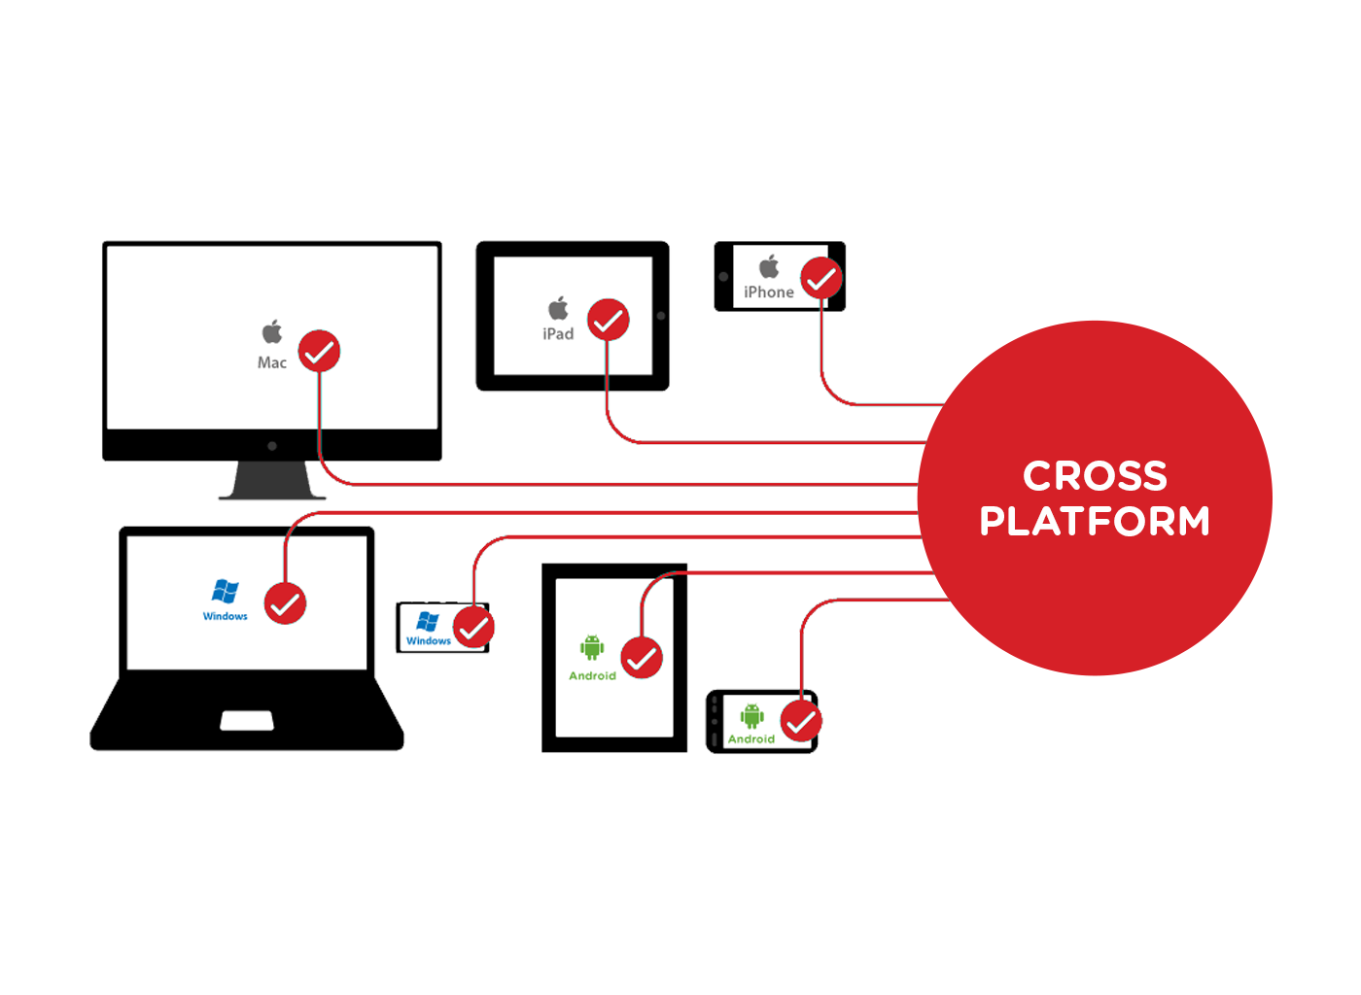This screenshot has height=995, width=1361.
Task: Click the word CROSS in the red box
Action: (x=1095, y=476)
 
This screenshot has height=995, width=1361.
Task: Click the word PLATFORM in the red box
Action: (x=1095, y=522)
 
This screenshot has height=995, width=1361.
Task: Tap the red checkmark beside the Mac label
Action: (x=319, y=352)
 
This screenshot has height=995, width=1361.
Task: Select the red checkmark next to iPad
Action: (x=609, y=320)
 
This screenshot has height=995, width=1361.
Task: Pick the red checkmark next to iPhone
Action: (x=821, y=278)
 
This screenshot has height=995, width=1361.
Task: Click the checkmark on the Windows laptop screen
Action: (x=286, y=604)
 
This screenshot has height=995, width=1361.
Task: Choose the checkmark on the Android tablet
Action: (x=642, y=658)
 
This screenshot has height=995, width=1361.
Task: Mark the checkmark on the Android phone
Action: (x=801, y=722)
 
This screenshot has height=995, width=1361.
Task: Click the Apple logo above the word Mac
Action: (x=272, y=332)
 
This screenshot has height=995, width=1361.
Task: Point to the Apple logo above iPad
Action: (x=558, y=309)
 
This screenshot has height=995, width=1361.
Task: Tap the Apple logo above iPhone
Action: (x=769, y=266)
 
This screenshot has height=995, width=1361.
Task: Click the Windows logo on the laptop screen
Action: (x=226, y=591)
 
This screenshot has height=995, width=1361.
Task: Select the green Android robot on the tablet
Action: (x=592, y=647)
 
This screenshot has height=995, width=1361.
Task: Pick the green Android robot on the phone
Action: (x=751, y=717)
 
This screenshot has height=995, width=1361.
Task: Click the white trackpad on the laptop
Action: (x=247, y=720)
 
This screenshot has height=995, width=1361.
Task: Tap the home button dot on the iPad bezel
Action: (x=661, y=316)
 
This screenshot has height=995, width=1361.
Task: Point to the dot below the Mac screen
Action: (x=272, y=446)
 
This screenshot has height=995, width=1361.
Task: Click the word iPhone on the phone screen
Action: (x=769, y=292)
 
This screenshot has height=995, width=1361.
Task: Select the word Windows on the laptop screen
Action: (x=226, y=616)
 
